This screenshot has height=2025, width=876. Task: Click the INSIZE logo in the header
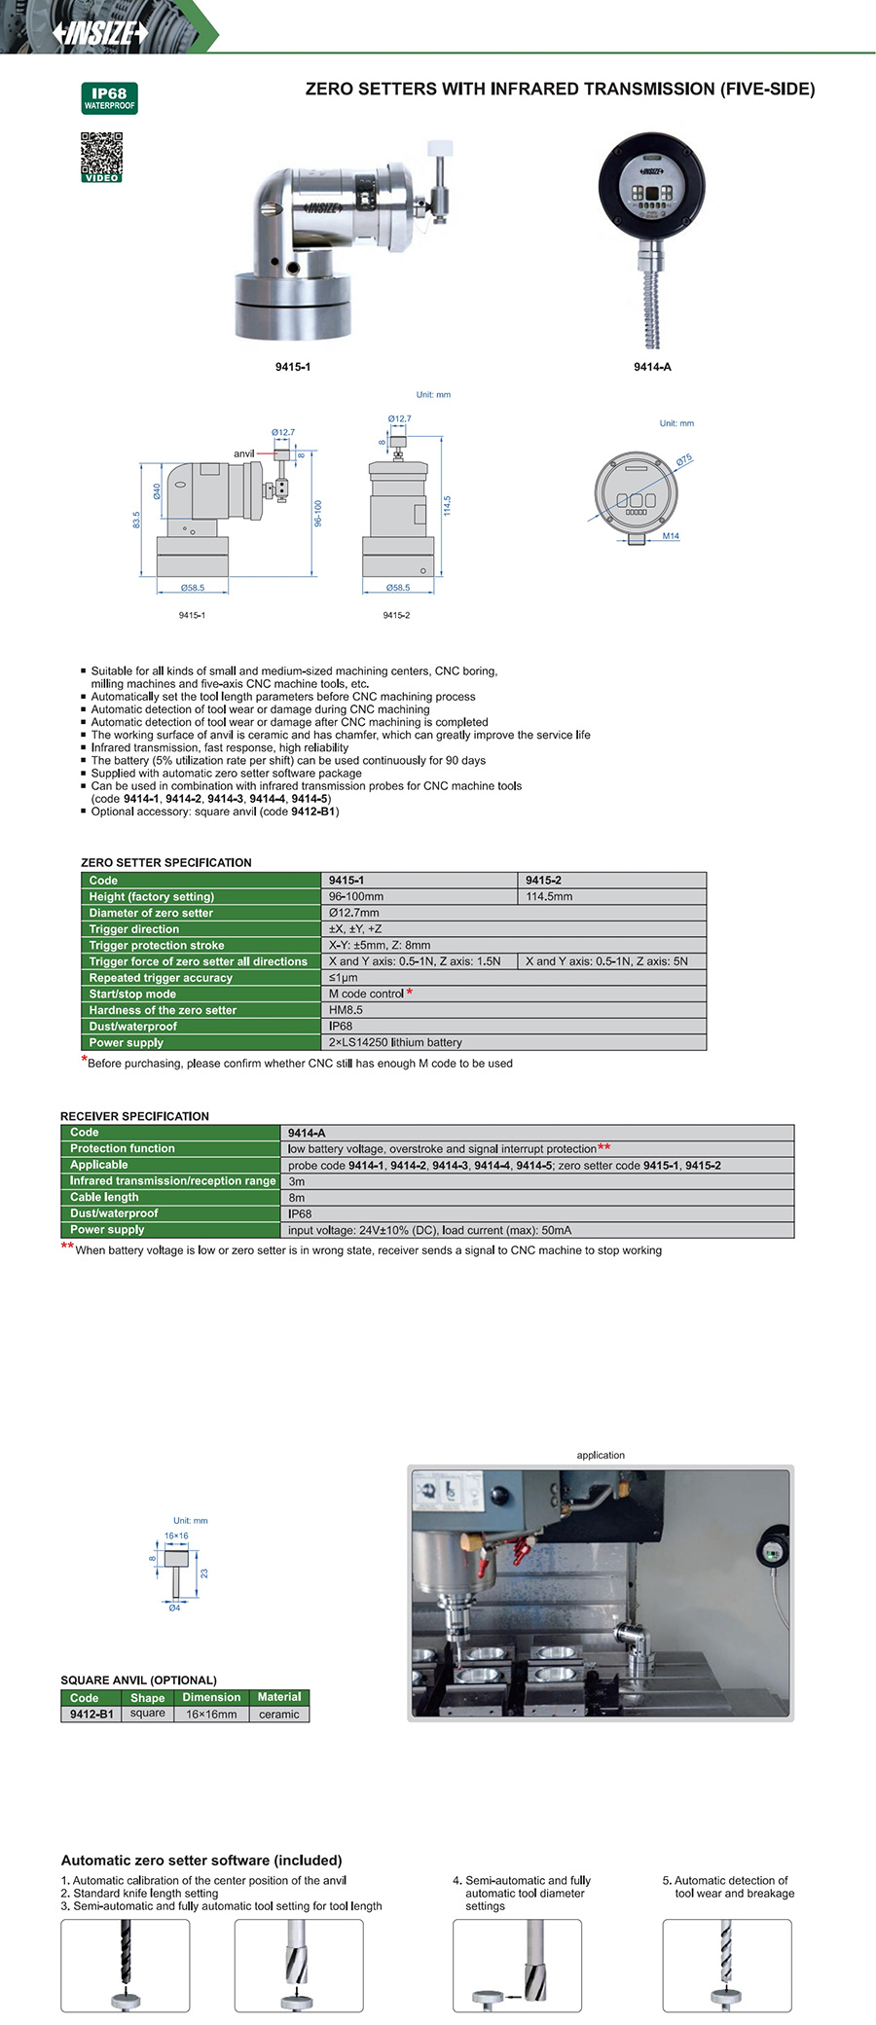pos(101,33)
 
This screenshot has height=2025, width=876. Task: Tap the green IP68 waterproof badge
pos(109,98)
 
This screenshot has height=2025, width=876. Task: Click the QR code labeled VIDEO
pos(101,157)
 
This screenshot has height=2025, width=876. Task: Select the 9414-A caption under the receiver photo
pos(652,367)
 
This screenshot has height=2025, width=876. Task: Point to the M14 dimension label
pos(671,536)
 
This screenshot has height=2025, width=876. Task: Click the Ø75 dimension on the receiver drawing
pos(684,459)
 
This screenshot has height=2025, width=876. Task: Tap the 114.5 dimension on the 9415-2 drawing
pos(447,505)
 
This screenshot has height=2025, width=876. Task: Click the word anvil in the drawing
pos(243,453)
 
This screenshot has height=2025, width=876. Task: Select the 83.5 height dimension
pos(136,520)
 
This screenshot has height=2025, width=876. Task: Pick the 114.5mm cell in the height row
pos(549,896)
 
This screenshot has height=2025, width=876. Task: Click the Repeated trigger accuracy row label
pos(161,978)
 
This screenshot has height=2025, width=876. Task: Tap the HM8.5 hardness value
pos(346,1010)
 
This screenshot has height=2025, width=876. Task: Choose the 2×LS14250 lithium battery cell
pos(395,1042)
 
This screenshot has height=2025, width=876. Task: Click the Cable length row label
pos(104,1197)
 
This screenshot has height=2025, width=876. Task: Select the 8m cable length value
pos(296,1198)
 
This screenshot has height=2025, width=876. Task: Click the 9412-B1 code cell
pos(91,1714)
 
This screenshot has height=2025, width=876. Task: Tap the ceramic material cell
pos(279,1714)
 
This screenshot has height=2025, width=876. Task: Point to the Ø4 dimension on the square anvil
pos(174,1608)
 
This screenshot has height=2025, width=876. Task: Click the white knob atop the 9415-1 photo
pos(440,149)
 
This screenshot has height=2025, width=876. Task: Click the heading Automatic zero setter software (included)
pos(201,1860)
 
